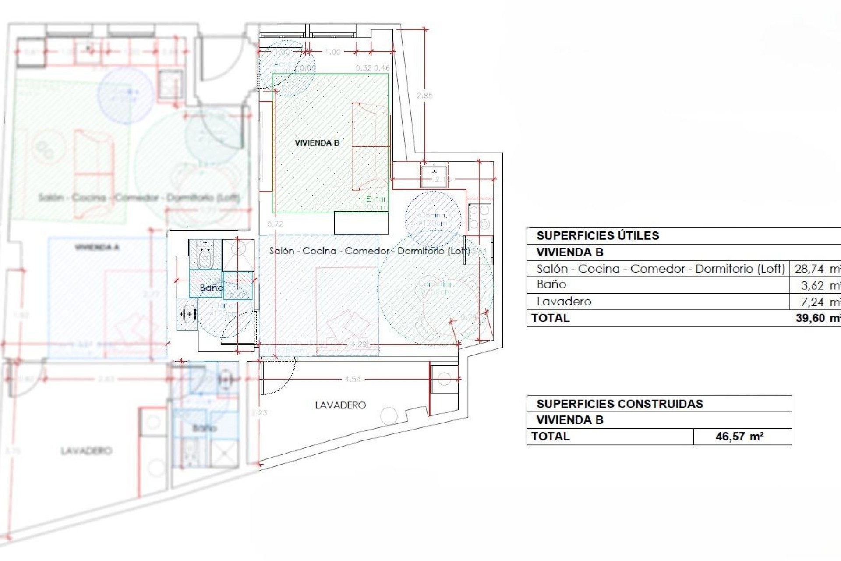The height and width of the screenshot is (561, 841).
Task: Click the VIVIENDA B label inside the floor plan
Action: pyautogui.click(x=317, y=143)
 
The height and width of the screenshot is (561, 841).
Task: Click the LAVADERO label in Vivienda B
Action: pyautogui.click(x=340, y=405)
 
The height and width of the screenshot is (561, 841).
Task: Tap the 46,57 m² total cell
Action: pyautogui.click(x=739, y=437)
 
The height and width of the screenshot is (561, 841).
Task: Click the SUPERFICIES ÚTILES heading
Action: pyautogui.click(x=597, y=236)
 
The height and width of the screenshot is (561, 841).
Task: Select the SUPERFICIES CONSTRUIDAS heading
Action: pyautogui.click(x=619, y=404)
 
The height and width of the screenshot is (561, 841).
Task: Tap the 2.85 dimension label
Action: pyautogui.click(x=424, y=96)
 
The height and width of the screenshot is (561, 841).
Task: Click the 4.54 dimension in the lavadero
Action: pyautogui.click(x=353, y=379)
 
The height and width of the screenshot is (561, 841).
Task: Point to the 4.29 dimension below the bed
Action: pyautogui.click(x=359, y=344)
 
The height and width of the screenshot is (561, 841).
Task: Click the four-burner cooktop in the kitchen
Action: pyautogui.click(x=479, y=217)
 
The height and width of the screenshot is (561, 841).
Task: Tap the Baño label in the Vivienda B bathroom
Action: pyautogui.click(x=211, y=288)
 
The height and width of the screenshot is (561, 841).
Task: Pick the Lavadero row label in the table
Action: pyautogui.click(x=564, y=302)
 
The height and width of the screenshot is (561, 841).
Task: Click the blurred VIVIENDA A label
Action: pyautogui.click(x=97, y=248)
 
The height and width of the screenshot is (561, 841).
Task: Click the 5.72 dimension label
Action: pyautogui.click(x=275, y=224)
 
